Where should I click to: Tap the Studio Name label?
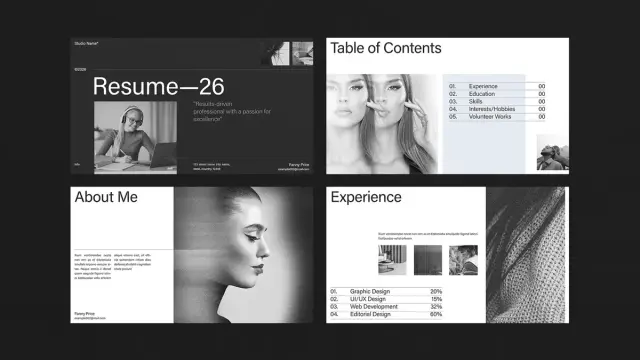[x=85, y=43]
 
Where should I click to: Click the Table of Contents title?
[x=385, y=48]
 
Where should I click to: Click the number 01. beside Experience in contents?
[x=452, y=86]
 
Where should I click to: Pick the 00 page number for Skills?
[x=541, y=101]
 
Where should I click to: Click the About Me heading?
[x=106, y=198]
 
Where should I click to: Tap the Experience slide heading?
[x=366, y=198]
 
